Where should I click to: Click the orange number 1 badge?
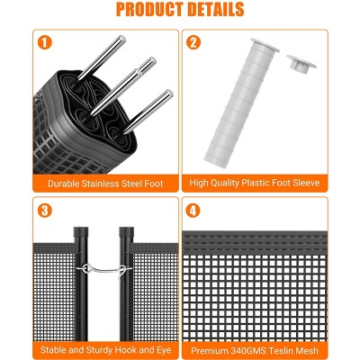click(x=45, y=42)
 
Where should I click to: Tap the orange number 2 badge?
click(x=193, y=42)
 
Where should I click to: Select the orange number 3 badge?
click(x=45, y=211)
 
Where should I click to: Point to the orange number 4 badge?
click(x=193, y=211)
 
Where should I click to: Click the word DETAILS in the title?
click(x=217, y=9)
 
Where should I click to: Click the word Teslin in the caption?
click(x=283, y=350)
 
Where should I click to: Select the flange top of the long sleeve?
click(x=265, y=45)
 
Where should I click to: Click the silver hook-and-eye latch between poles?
click(x=104, y=270)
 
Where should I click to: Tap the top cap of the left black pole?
click(x=81, y=232)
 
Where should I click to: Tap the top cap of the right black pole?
click(x=126, y=232)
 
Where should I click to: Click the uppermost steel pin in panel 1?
click(x=102, y=58)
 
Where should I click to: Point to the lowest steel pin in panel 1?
click(x=148, y=112)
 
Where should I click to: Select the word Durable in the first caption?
click(x=63, y=184)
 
